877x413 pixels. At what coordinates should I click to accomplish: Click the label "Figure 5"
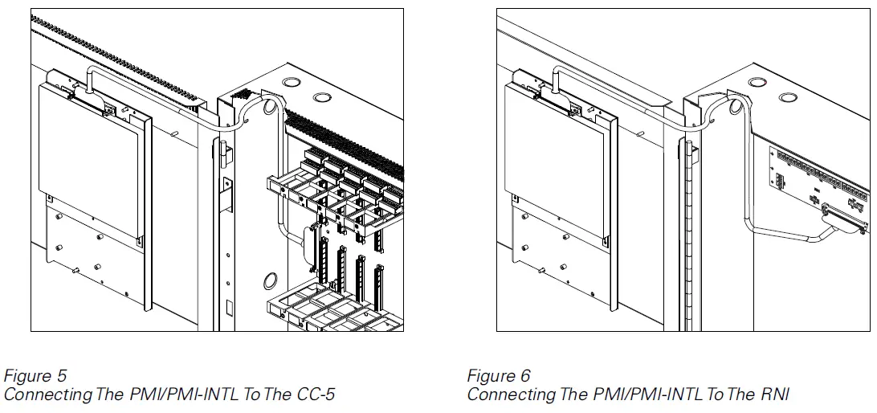[35, 376]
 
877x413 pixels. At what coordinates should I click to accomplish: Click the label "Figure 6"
[499, 376]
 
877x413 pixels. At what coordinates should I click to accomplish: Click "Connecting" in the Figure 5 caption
[48, 395]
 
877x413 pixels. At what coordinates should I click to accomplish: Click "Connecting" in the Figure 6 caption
[512, 395]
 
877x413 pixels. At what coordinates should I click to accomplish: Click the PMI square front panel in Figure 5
[88, 161]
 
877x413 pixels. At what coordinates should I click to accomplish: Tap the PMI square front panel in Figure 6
[554, 161]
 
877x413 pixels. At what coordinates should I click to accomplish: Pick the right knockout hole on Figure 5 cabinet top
[321, 98]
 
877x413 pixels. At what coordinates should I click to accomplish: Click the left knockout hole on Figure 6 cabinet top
[755, 83]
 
